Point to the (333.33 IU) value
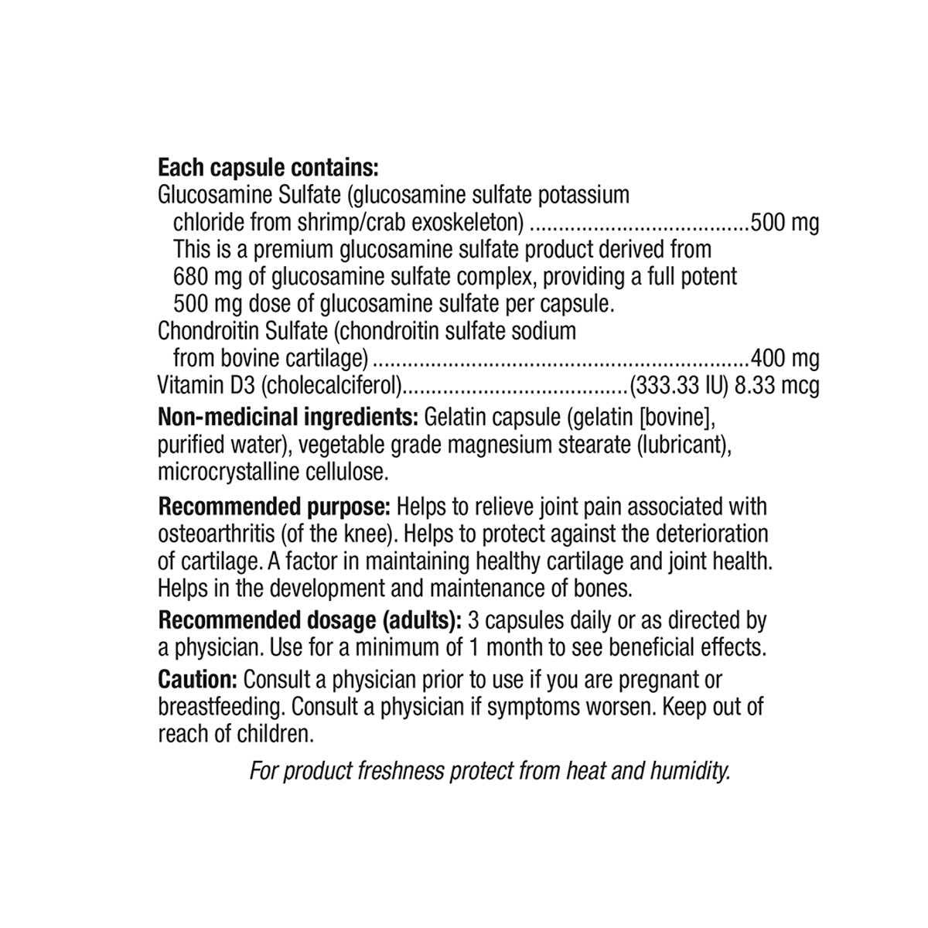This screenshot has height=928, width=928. click(678, 385)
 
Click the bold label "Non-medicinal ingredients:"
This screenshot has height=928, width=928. click(288, 418)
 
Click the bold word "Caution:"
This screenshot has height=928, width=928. click(197, 680)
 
